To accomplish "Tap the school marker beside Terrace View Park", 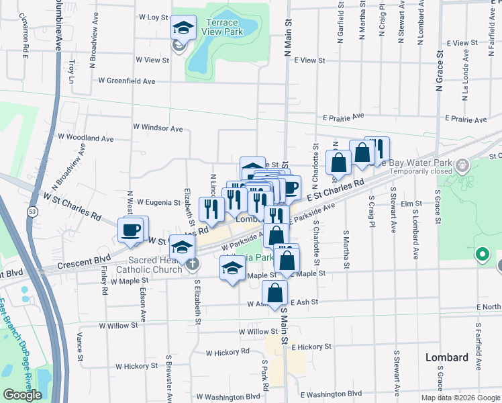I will [x=184, y=28].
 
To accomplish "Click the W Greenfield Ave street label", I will [x=127, y=81].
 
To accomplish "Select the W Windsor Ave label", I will [x=158, y=128].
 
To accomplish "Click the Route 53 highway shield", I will [x=32, y=211].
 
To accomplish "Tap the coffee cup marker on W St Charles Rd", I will [x=132, y=230].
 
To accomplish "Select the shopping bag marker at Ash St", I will [x=274, y=293].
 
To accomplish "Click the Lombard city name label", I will [x=447, y=357].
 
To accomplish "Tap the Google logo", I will [x=22, y=395].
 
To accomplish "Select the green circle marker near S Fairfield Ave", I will [x=481, y=255].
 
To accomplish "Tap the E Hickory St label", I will [x=310, y=347].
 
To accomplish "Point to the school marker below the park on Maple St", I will [x=232, y=269].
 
